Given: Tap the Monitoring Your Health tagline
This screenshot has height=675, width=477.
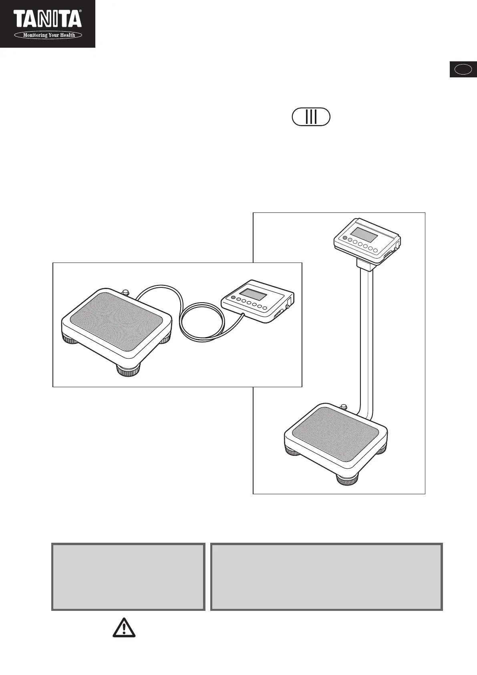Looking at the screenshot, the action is [x=49, y=35].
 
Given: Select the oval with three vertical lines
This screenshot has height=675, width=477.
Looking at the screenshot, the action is [x=311, y=117].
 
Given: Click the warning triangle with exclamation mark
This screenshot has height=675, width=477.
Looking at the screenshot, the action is [x=124, y=627].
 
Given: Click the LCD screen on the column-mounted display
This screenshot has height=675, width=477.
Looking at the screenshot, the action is [x=364, y=234].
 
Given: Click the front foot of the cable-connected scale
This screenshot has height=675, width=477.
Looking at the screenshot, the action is [x=128, y=370].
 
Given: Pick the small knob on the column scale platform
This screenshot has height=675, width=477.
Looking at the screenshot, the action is [x=344, y=407].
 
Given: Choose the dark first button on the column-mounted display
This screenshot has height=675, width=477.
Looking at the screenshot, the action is [x=344, y=238].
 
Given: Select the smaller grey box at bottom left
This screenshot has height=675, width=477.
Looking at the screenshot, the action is [x=128, y=577].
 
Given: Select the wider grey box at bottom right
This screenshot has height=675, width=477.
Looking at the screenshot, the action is [x=326, y=577].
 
